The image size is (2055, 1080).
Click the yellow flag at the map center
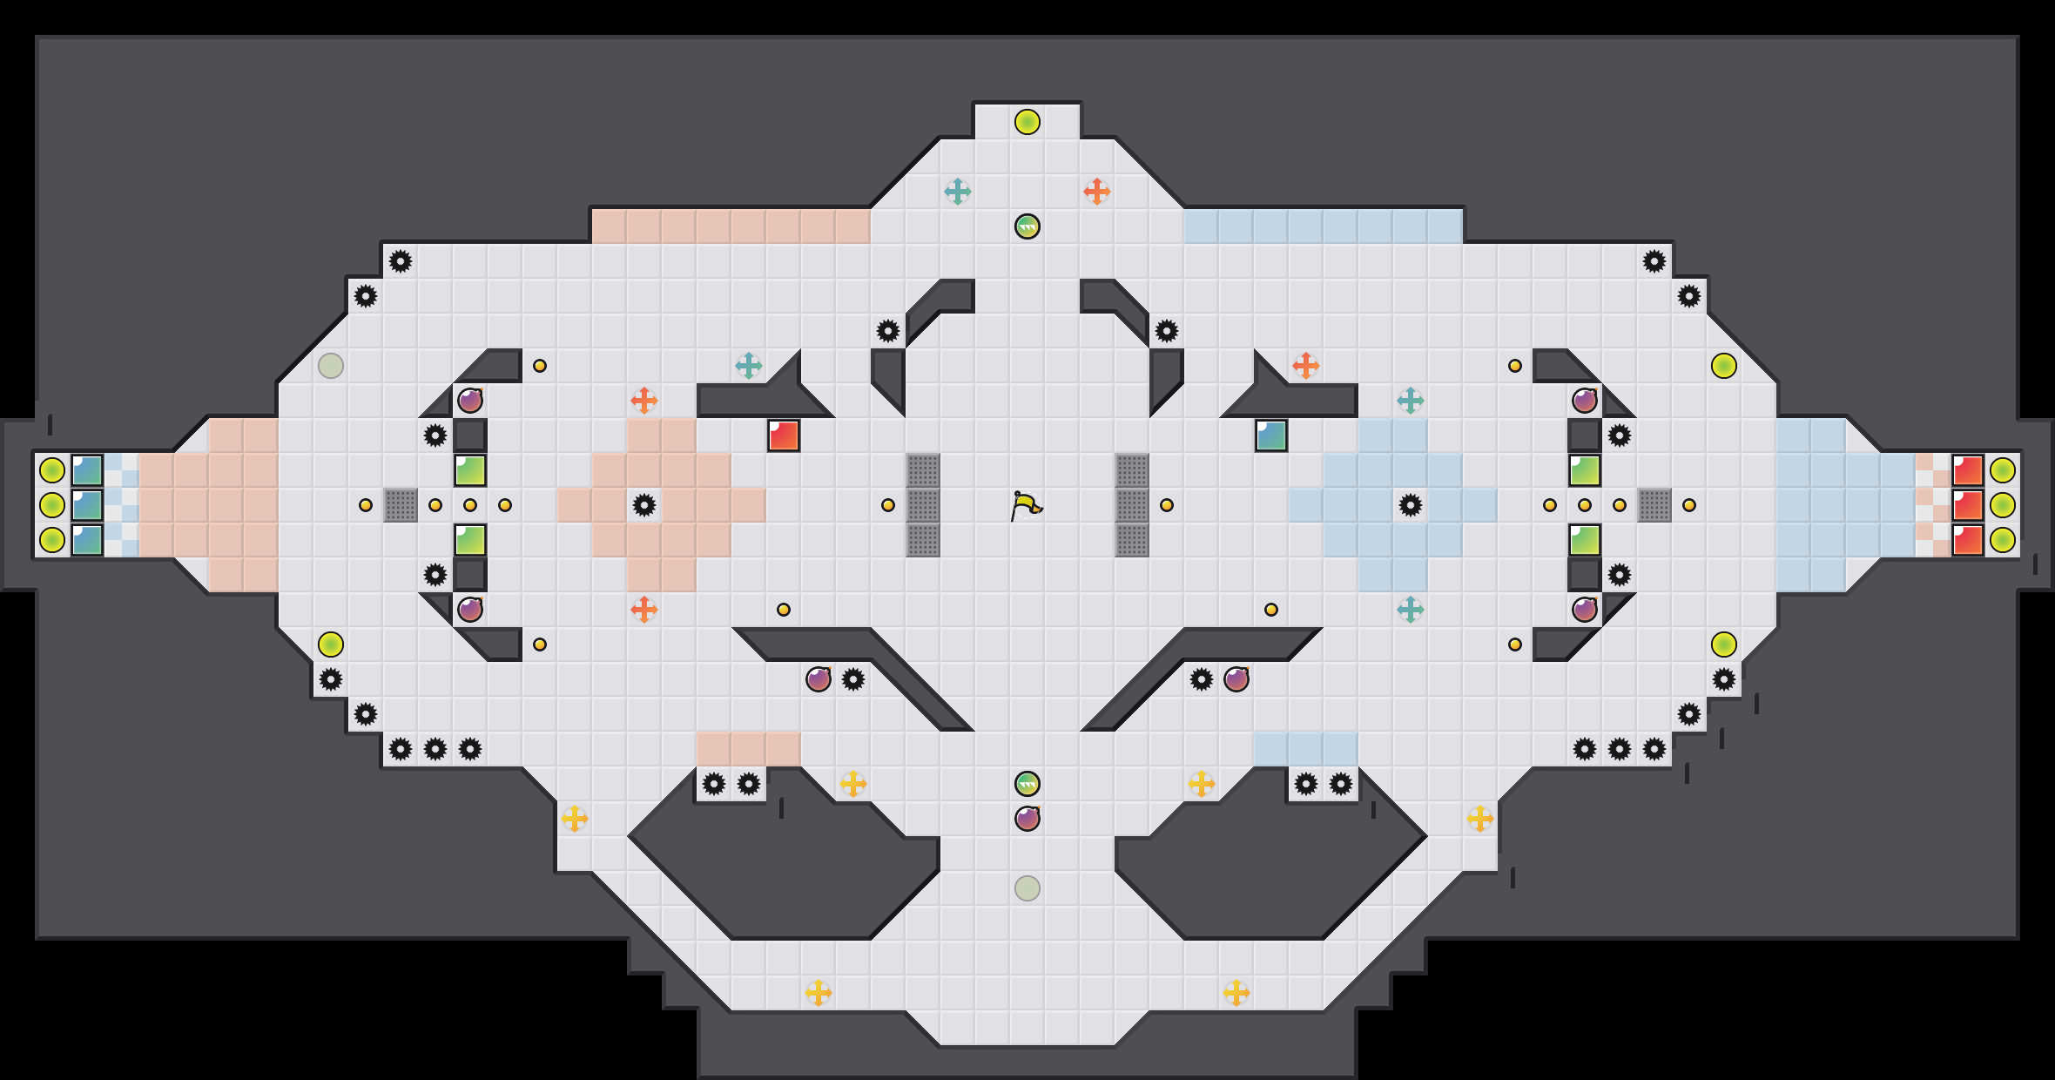coord(1026,505)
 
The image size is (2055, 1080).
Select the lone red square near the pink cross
coord(784,435)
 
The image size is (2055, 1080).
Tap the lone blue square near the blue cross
coord(1271,435)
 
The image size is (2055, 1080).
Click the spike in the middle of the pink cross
coord(644,505)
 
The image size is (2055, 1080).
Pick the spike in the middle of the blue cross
coord(1411,505)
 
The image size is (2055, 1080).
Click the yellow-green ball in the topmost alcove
coord(1027,122)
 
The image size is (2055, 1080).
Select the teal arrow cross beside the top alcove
coord(958,192)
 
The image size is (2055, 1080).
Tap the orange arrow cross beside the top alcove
coord(1097,192)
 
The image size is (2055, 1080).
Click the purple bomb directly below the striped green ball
coord(1027,819)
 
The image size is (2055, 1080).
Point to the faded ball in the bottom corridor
coord(1027,888)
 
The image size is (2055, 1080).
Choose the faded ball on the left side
coord(331,366)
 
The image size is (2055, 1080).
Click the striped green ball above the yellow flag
coord(1027,226)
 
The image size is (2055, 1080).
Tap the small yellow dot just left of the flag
coord(888,505)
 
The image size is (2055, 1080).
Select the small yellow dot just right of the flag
coord(1167,505)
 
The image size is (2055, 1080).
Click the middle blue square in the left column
coord(87,505)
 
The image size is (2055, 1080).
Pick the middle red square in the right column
coord(1968,505)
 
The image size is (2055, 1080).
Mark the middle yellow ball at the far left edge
coord(52,505)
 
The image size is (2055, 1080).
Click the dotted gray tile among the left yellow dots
coord(401,505)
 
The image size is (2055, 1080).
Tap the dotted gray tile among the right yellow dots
coord(1654,505)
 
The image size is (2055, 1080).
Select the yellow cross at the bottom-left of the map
coord(819,993)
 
